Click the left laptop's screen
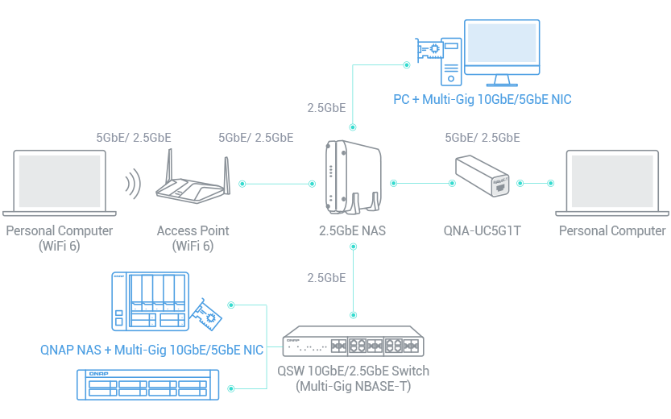point(60,180)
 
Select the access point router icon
point(193,181)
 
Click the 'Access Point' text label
point(193,230)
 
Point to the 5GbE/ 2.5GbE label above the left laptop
point(133,138)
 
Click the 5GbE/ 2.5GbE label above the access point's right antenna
point(255,138)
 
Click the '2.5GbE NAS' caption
point(352,230)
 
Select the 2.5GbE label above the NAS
point(326,107)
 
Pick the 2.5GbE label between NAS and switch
point(326,278)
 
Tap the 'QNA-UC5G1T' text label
point(483,230)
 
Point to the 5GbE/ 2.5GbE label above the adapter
point(482,138)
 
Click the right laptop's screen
point(610,180)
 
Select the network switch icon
point(353,342)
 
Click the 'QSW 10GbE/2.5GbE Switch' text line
point(354,371)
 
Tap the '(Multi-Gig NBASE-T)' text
point(354,387)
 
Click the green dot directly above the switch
point(353,313)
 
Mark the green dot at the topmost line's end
point(407,64)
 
